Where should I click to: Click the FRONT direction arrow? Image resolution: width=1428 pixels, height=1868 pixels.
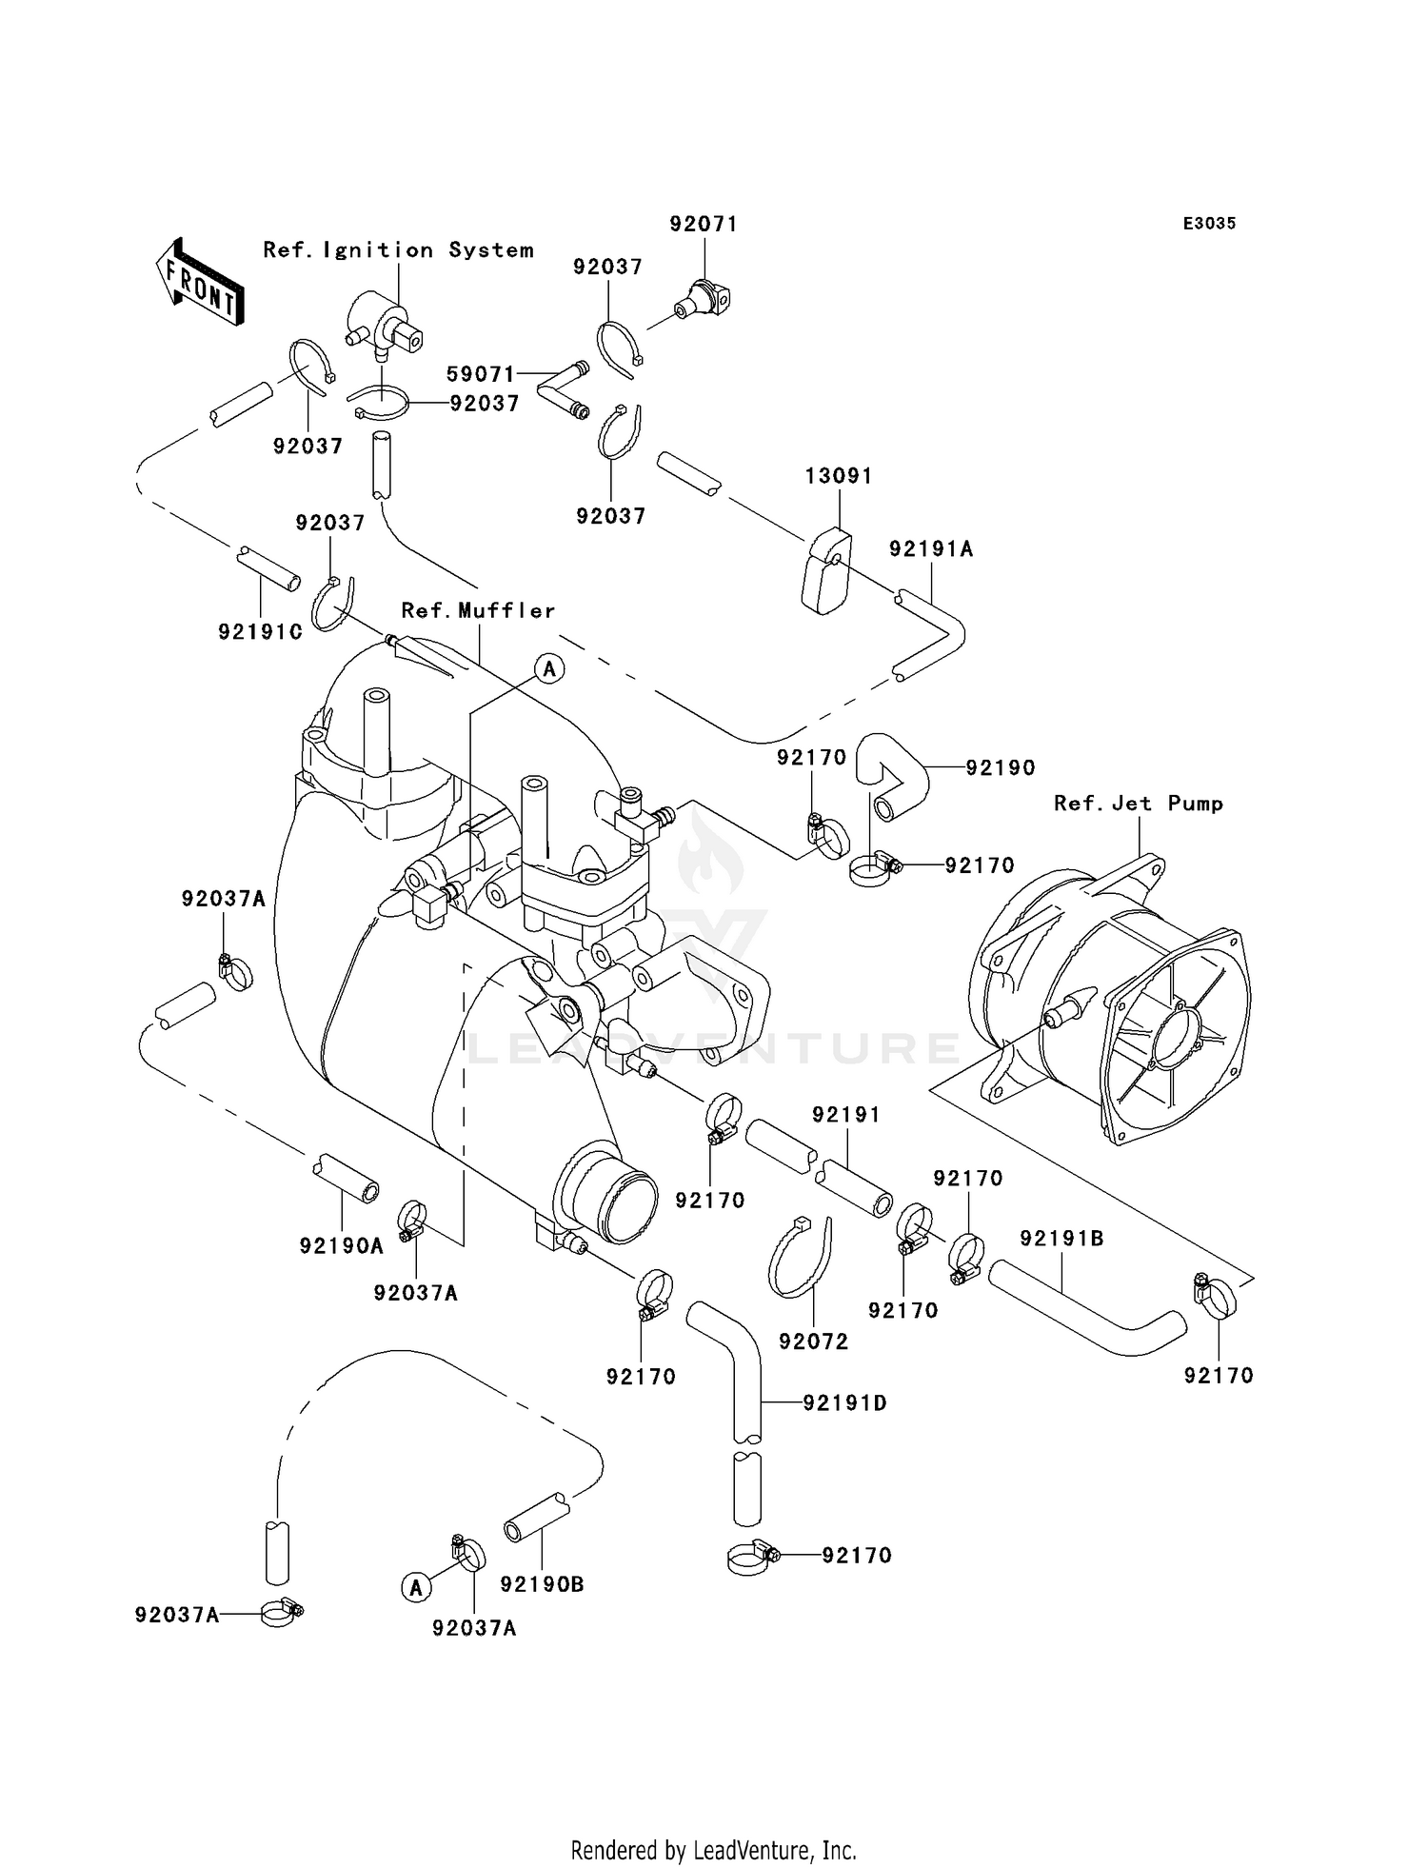coord(199,283)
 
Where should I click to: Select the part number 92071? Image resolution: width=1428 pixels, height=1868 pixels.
coord(704,224)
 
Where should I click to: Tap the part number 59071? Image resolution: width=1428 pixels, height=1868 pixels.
coord(481,374)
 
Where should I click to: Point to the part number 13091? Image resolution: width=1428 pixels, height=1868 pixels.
coord(839,475)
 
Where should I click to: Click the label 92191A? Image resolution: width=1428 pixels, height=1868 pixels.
coord(931,549)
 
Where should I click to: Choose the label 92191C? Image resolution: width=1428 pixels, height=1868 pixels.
coord(261,631)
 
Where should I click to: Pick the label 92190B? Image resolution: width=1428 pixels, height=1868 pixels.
coord(543,1584)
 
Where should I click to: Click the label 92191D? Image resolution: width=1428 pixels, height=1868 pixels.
coord(845,1402)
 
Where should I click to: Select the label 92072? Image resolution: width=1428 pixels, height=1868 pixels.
coord(813,1341)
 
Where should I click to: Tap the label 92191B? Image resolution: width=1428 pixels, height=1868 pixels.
coord(1061,1239)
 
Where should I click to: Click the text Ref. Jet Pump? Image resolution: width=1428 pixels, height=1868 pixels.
coord(1139,804)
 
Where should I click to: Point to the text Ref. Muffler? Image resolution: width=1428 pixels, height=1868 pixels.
coord(478,610)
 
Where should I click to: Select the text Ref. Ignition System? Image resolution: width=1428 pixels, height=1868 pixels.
coord(398,250)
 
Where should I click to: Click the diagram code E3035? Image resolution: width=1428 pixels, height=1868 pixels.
coord(1209,224)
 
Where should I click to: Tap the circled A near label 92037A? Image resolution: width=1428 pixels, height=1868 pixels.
coord(414,1587)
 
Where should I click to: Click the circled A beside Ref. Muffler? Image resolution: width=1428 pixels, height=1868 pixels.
coord(549,669)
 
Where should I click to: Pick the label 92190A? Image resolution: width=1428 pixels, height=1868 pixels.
coord(342,1245)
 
